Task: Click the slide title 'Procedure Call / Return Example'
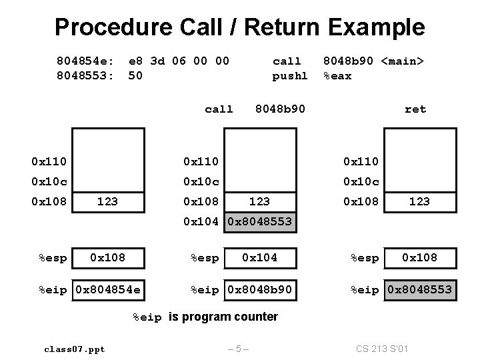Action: coord(239,27)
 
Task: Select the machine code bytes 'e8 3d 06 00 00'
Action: coord(178,61)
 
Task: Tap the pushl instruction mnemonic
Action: coord(290,76)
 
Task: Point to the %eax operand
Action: coord(337,76)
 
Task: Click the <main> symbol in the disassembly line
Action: coord(403,61)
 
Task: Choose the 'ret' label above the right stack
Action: coord(415,109)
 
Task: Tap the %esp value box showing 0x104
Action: coord(260,257)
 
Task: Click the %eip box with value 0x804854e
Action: coord(108,290)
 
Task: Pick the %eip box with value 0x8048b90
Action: coord(261,290)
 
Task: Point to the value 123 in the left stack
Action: coord(108,201)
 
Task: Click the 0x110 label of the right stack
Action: coord(361,161)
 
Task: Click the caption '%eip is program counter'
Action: coord(205,317)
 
